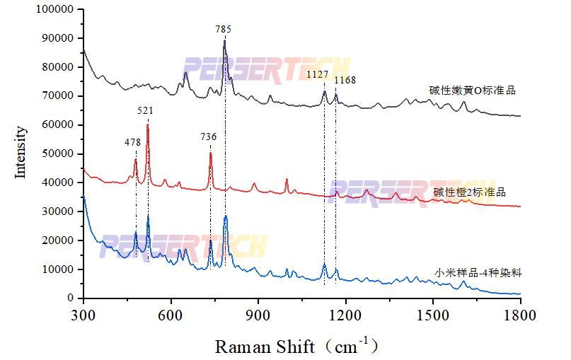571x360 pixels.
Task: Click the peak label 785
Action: [x=223, y=29]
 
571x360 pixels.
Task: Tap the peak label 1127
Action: [x=316, y=74]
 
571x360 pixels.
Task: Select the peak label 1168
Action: [x=345, y=81]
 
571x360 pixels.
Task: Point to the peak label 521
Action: [x=146, y=110]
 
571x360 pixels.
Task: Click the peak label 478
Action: [x=133, y=142]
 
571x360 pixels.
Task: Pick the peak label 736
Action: [x=208, y=137]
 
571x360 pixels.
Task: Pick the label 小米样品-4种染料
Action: [x=478, y=272]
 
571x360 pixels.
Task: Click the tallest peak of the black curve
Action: [x=224, y=41]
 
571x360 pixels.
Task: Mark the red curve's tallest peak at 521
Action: [x=147, y=125]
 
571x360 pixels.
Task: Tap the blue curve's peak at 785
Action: [x=225, y=216]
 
